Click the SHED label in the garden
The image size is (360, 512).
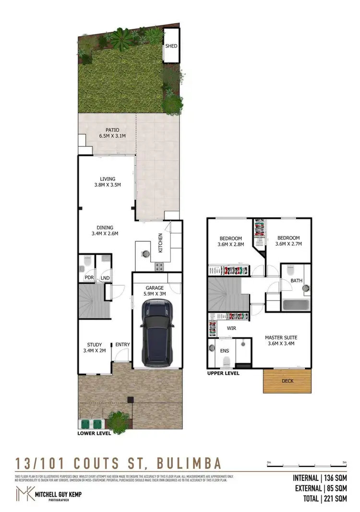pos(171,47)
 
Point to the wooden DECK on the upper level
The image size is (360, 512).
pos(287,381)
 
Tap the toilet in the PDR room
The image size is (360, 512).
pos(87,262)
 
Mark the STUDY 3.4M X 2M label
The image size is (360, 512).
pos(94,347)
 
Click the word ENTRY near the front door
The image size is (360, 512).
pos(122,345)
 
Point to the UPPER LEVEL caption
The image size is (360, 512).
pos(223,373)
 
